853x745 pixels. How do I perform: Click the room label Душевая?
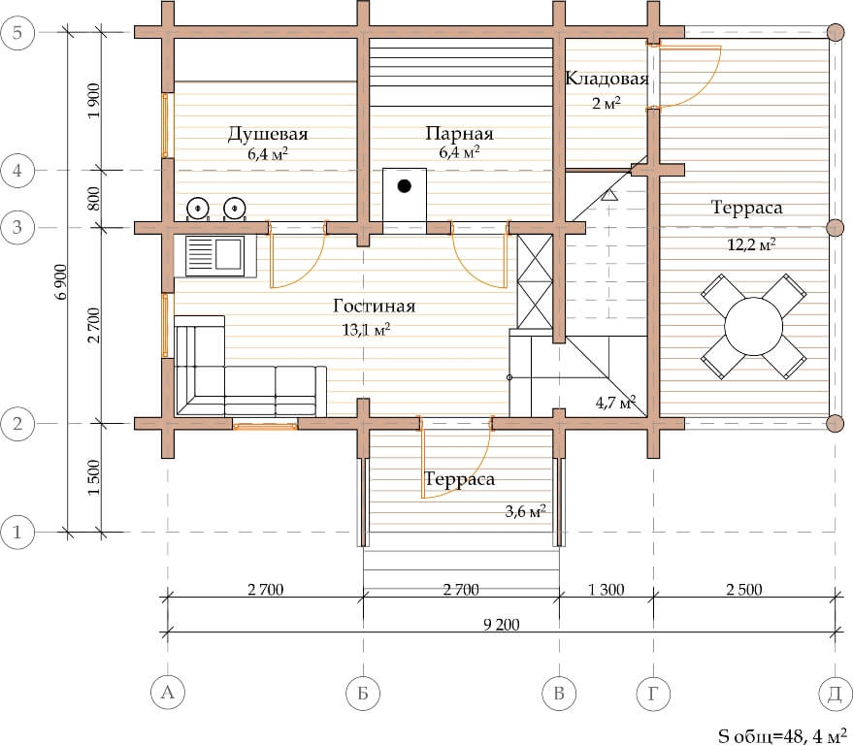click(x=268, y=134)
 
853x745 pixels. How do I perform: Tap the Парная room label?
click(x=460, y=134)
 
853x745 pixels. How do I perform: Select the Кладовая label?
click(x=607, y=79)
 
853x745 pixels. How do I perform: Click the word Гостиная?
click(x=375, y=307)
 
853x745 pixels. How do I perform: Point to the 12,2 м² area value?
click(x=751, y=244)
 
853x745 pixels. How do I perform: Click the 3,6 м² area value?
click(x=526, y=511)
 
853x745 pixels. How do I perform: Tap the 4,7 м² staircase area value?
click(x=615, y=403)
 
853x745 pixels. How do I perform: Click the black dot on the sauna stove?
click(x=404, y=186)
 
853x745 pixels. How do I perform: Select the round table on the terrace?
click(x=753, y=327)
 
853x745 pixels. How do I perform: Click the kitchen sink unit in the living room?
click(x=214, y=256)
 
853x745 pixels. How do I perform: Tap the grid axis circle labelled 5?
click(x=17, y=33)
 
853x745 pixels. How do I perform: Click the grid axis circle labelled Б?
click(x=363, y=693)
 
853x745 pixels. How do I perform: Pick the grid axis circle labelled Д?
click(x=836, y=693)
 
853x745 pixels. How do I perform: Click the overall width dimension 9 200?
click(x=501, y=625)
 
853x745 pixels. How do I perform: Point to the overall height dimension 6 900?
click(x=60, y=281)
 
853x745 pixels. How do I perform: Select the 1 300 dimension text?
click(x=607, y=590)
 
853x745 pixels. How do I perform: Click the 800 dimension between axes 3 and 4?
click(x=93, y=199)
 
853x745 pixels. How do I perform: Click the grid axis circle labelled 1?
click(x=17, y=532)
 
